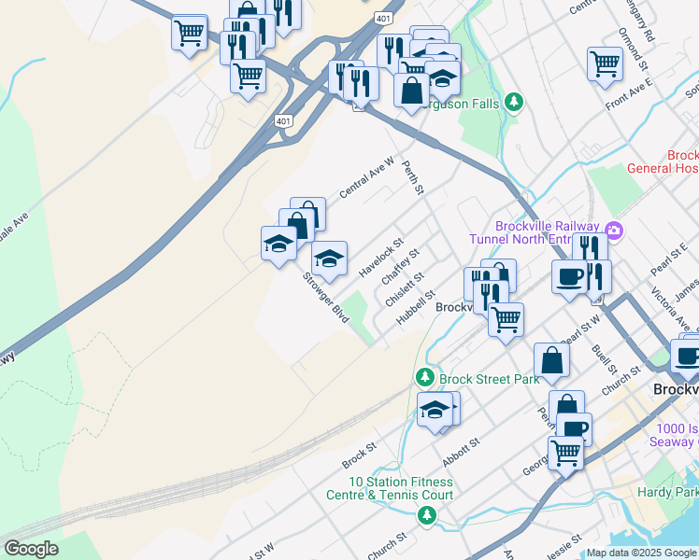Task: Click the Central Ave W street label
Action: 366,176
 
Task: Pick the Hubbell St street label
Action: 415,307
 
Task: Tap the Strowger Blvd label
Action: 325,297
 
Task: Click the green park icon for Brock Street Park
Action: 424,376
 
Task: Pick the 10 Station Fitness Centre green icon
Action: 426,514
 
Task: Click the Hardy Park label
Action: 667,491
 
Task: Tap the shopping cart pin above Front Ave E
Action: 605,63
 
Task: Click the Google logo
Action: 31,549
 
